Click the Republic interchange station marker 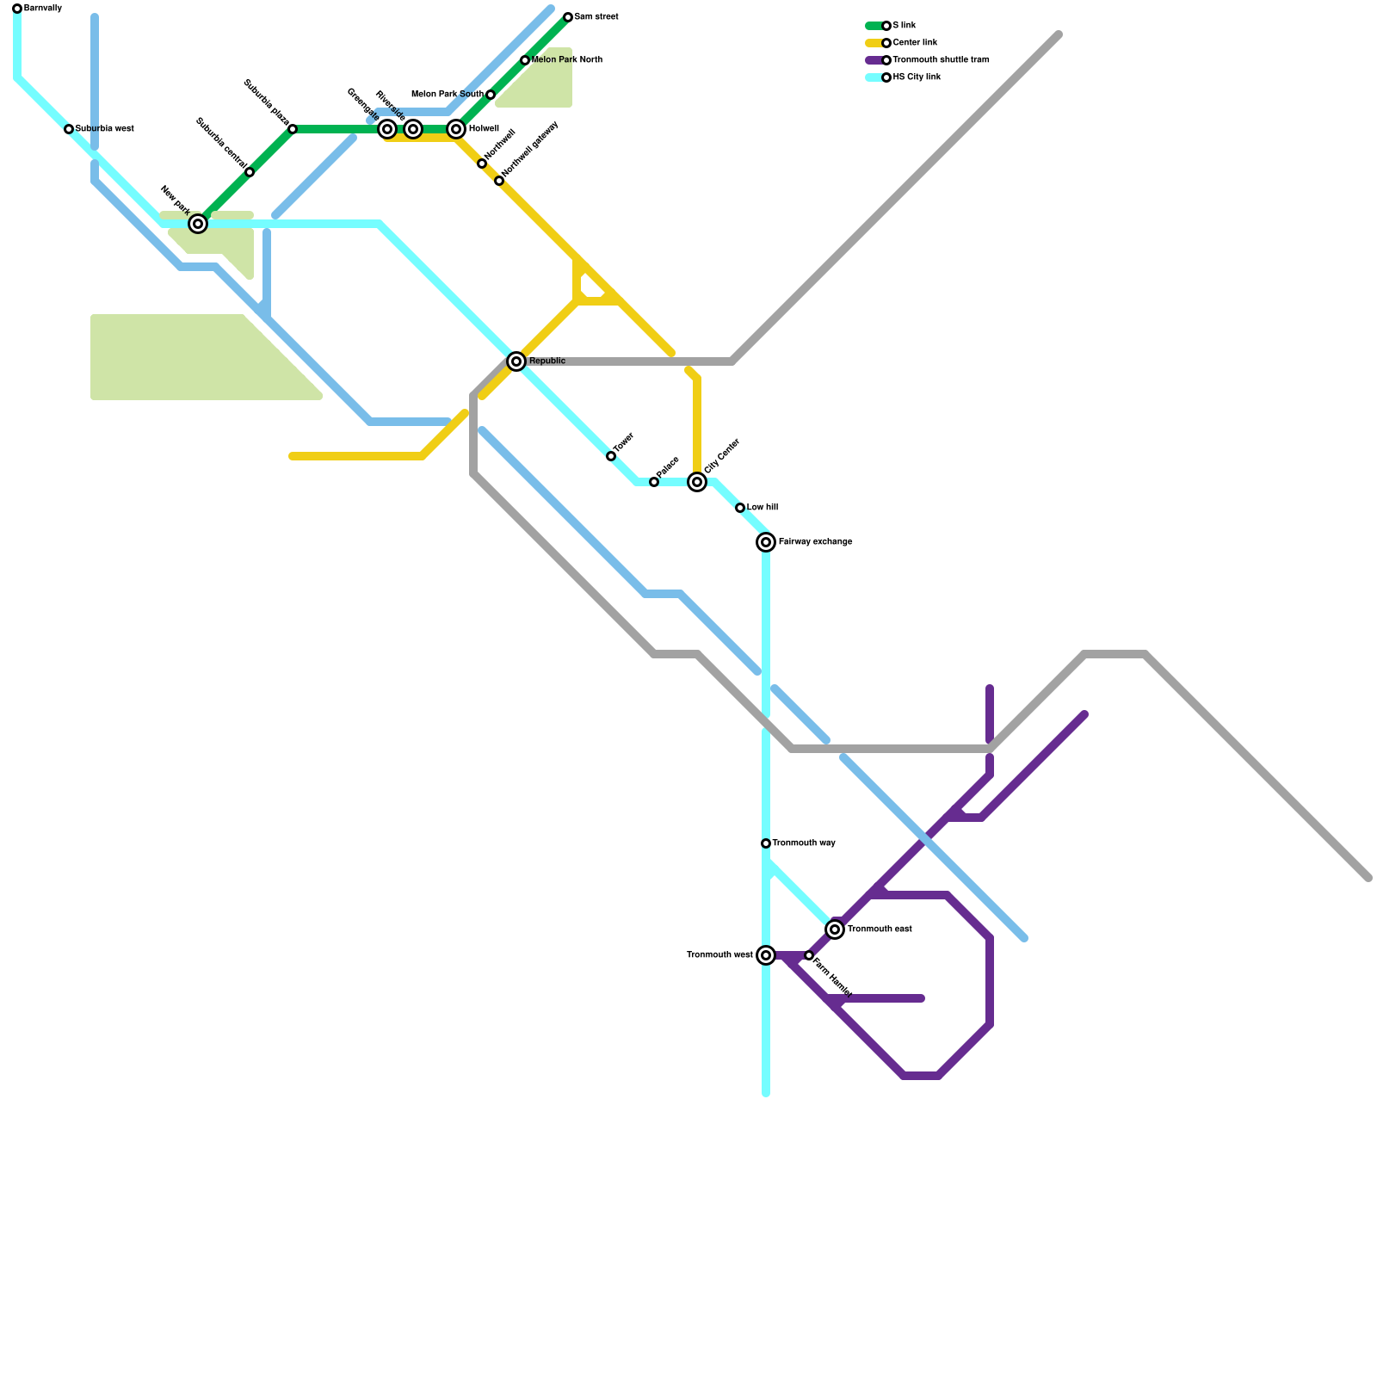click(x=516, y=361)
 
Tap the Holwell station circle click(x=456, y=129)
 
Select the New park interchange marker click(x=198, y=224)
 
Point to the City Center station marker click(x=697, y=482)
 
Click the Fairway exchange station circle click(x=766, y=542)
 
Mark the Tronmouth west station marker click(x=766, y=955)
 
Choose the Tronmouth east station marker click(x=835, y=929)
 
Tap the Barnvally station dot click(x=17, y=9)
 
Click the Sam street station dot click(x=568, y=17)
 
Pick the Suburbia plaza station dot click(x=293, y=129)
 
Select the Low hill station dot click(x=740, y=508)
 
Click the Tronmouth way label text click(x=804, y=843)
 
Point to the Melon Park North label click(x=567, y=60)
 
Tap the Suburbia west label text click(x=105, y=129)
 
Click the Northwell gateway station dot click(x=499, y=181)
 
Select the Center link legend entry click(x=915, y=43)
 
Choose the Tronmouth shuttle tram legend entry click(x=941, y=60)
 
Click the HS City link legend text click(x=917, y=77)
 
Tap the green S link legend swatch click(x=874, y=26)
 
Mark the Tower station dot click(x=611, y=456)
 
